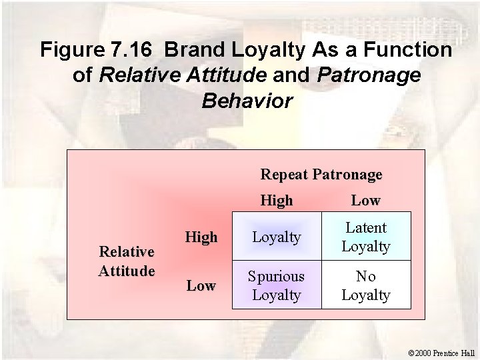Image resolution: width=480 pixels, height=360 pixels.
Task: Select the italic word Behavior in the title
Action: coord(246,101)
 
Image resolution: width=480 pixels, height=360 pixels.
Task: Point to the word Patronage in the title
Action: coord(369,75)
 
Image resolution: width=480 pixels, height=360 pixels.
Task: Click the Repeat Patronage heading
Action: coord(321,175)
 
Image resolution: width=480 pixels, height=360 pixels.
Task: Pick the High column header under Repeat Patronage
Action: coord(276,199)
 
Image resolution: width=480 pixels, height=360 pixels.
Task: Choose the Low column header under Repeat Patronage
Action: coord(365,199)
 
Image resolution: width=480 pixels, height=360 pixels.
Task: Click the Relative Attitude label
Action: coord(127,261)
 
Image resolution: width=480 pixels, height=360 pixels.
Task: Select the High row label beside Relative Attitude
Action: coord(201,237)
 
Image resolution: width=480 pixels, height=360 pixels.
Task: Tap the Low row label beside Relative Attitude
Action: coord(201,285)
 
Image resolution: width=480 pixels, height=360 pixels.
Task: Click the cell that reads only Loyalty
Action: coord(276,237)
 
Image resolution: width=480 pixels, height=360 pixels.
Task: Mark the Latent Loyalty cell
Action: coord(366,237)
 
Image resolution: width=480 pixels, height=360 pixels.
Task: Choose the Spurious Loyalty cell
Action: coord(276,285)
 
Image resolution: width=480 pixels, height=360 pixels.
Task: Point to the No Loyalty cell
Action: coord(366,285)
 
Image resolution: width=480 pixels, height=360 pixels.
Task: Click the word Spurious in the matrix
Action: coord(276,276)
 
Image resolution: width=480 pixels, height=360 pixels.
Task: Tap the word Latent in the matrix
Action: coord(366,228)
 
